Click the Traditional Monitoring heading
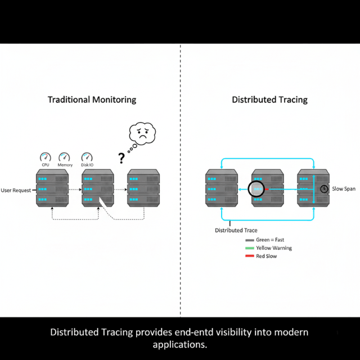(x=92, y=100)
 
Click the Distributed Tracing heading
(x=269, y=100)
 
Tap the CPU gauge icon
(x=46, y=157)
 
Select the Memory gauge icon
(x=65, y=157)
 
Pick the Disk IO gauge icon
(x=87, y=157)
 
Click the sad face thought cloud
(x=142, y=133)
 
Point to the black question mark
(x=121, y=158)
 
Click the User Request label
(x=16, y=190)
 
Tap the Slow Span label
(x=343, y=189)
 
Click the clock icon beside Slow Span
(x=325, y=189)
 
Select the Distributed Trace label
(x=236, y=231)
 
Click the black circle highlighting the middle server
(x=256, y=188)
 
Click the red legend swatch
(x=250, y=256)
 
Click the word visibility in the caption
(x=241, y=332)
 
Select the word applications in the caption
(x=180, y=344)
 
